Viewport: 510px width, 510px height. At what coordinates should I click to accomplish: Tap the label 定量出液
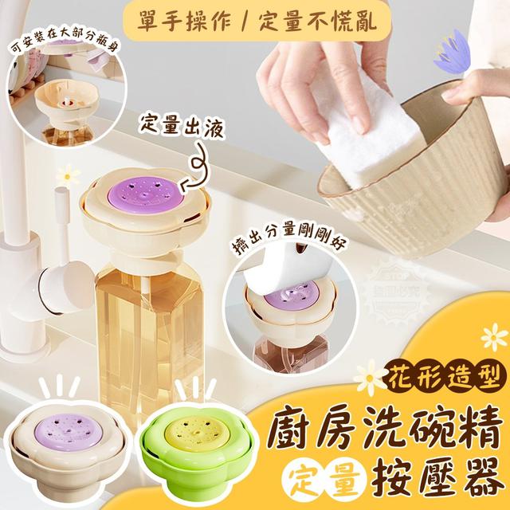[x=170, y=125]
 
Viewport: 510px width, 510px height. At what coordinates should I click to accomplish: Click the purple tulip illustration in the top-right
[x=457, y=54]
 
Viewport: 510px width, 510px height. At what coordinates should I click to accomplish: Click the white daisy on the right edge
[x=493, y=335]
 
